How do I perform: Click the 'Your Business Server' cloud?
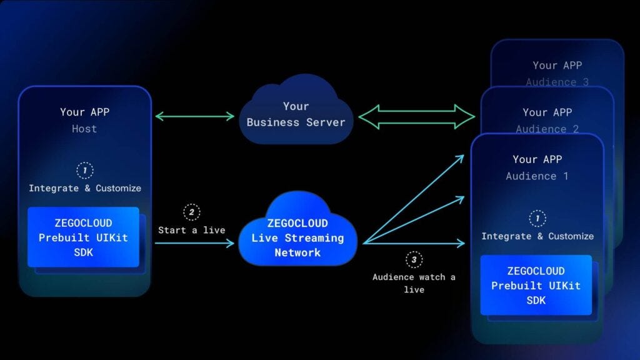pos(296,114)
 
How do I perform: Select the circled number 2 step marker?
pos(191,212)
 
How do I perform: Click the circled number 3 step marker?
pos(414,259)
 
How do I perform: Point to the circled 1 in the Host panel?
pos(85,170)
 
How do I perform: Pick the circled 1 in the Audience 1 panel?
pos(537,218)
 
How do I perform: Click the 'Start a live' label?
pos(191,230)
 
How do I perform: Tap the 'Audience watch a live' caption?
pos(414,283)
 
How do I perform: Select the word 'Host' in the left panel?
pos(84,129)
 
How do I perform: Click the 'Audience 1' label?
pos(537,176)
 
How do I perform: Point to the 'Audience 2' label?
pos(547,129)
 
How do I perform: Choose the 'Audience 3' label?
pos(557,82)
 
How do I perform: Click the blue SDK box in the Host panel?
pos(83,237)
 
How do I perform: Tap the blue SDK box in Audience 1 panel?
pos(536,285)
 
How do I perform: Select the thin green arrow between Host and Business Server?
pos(194,116)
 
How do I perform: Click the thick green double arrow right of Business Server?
pos(417,116)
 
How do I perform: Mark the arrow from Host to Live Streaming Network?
pos(194,243)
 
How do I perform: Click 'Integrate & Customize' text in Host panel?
pos(85,188)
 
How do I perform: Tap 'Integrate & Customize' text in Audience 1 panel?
pos(537,236)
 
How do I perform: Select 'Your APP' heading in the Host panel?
pos(84,112)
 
